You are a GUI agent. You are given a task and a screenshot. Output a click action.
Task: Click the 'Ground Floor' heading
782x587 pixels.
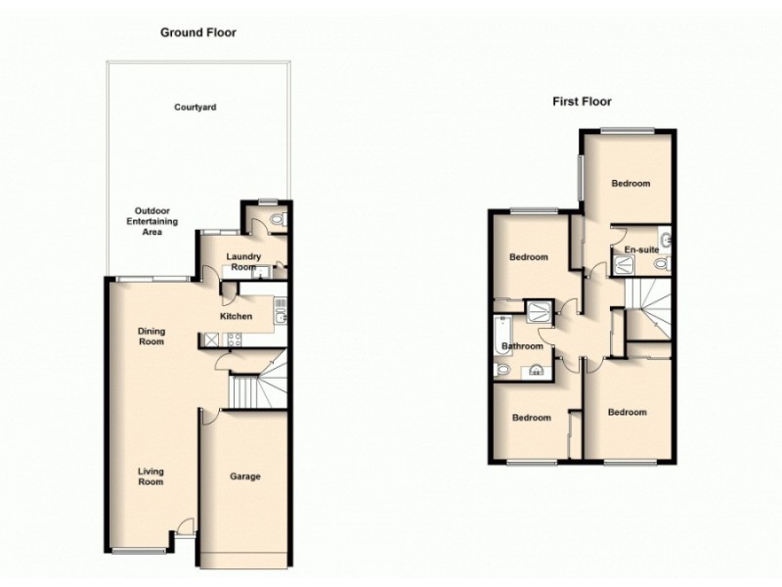pyautogui.click(x=198, y=32)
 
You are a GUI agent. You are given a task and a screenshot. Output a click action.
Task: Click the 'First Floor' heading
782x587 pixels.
pyautogui.click(x=584, y=101)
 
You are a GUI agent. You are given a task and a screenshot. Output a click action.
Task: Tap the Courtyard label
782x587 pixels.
pyautogui.click(x=195, y=107)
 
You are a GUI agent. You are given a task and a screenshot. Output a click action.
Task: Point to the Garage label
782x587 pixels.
pyautogui.click(x=244, y=476)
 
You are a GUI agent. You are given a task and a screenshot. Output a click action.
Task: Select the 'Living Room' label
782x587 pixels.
pyautogui.click(x=151, y=476)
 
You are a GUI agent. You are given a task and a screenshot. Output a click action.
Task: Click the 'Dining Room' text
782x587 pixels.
pyautogui.click(x=151, y=337)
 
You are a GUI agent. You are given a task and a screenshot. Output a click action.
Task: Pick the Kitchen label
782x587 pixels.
pyautogui.click(x=237, y=316)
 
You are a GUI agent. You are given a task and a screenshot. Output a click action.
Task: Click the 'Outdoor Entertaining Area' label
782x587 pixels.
pyautogui.click(x=156, y=221)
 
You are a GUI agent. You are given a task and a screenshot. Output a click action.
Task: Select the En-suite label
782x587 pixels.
pyautogui.click(x=641, y=250)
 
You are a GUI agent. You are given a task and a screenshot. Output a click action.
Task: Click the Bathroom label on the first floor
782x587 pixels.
pyautogui.click(x=522, y=346)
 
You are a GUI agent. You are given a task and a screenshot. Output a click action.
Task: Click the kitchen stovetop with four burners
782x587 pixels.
pyautogui.click(x=234, y=339)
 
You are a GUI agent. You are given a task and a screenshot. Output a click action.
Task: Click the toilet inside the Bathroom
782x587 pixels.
pyautogui.click(x=502, y=370)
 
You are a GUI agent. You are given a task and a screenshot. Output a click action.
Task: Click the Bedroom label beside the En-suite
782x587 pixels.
pyautogui.click(x=630, y=183)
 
